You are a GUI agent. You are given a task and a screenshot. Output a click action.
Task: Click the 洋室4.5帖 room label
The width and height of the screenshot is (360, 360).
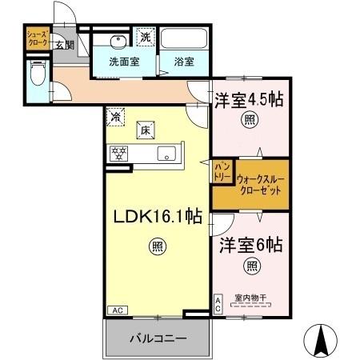251,101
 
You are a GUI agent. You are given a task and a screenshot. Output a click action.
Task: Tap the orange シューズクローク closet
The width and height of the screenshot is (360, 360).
37,38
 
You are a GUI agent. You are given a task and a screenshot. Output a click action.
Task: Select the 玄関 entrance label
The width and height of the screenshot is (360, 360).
64,45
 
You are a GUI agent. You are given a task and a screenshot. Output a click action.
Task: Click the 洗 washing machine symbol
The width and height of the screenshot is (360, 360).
146,36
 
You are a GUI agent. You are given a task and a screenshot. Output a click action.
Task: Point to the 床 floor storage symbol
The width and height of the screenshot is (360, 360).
146,129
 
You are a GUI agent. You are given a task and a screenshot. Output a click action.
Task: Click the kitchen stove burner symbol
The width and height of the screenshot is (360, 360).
120,152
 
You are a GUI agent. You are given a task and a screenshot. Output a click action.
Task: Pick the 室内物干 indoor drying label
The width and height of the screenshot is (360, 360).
250,298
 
